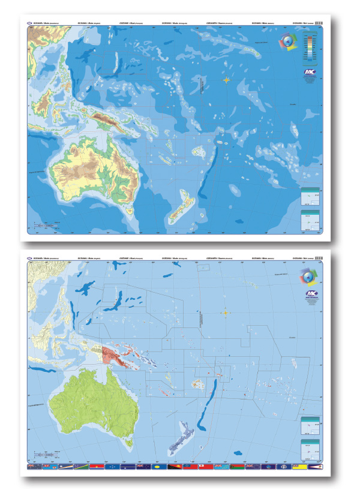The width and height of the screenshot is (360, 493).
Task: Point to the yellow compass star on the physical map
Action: (x=226, y=80)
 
